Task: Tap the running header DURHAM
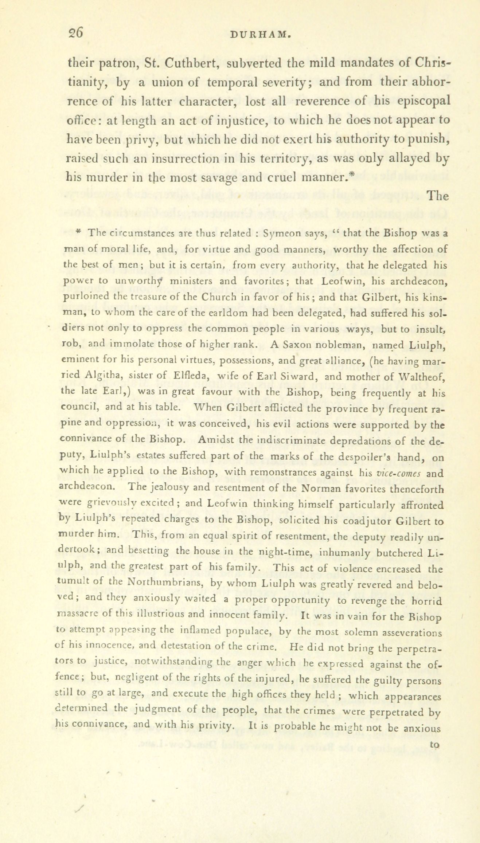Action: [x=261, y=35]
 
